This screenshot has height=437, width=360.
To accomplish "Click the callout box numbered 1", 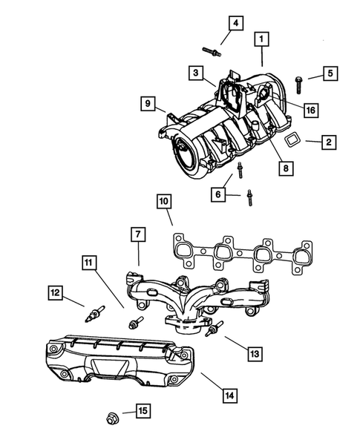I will pyautogui.click(x=261, y=36).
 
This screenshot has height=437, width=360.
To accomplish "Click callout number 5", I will pyautogui.click(x=329, y=73).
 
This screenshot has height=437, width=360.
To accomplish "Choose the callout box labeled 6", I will pyautogui.click(x=218, y=194).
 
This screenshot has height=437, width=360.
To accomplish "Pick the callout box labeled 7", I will pyautogui.click(x=138, y=234).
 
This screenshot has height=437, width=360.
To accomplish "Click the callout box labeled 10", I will pyautogui.click(x=163, y=200).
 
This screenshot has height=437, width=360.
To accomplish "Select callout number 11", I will pyautogui.click(x=89, y=262).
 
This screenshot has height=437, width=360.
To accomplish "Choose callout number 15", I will pyautogui.click(x=141, y=410).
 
